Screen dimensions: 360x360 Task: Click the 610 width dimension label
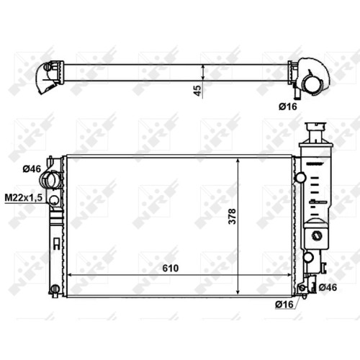171,268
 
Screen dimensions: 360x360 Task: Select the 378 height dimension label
232,217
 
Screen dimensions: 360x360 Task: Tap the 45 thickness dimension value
197,91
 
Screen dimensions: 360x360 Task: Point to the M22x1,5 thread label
24,198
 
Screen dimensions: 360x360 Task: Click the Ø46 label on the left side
32,169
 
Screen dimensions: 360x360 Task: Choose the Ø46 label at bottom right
328,287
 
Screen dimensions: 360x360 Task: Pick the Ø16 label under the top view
288,107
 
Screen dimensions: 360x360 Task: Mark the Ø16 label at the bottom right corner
284,305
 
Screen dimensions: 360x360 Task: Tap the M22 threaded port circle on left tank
54,199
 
